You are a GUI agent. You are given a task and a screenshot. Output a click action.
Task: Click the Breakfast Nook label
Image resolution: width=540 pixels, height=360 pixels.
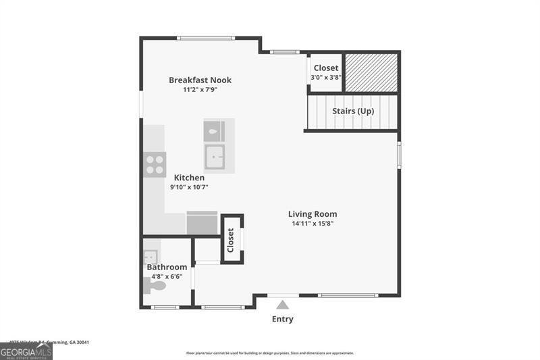(200, 80)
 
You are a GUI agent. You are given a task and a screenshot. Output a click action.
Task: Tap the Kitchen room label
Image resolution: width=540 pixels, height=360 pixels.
(189, 178)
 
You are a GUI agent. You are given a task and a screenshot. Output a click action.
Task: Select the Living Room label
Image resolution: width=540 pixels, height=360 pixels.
(314, 214)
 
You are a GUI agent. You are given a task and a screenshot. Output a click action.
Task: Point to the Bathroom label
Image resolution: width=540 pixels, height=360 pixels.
(167, 267)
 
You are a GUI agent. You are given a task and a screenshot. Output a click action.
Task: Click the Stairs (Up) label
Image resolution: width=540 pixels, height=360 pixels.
(353, 111)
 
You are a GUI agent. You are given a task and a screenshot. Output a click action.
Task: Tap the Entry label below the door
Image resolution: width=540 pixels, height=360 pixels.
(282, 319)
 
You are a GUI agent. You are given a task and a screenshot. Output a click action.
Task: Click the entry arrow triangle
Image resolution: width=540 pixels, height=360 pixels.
(282, 305)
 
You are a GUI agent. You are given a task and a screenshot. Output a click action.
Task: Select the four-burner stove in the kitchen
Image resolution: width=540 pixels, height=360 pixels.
(155, 164)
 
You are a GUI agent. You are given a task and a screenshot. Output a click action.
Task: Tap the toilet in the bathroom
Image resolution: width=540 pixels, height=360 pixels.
(156, 286)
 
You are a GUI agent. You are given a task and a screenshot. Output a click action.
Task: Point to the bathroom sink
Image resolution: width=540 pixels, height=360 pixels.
(151, 257)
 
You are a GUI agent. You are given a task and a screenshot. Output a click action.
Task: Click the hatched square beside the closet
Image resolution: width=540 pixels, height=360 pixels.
(371, 73)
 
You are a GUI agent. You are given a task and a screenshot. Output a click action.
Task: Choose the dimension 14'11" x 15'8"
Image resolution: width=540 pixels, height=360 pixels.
(313, 223)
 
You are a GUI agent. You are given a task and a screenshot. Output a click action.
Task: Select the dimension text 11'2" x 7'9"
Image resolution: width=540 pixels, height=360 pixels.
(200, 89)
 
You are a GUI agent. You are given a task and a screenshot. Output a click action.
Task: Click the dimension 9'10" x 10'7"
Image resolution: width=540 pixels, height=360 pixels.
(189, 187)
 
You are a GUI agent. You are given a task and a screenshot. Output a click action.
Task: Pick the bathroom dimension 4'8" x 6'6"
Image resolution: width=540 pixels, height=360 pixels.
(167, 276)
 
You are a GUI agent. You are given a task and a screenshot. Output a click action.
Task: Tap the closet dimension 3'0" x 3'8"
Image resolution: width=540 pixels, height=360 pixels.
(326, 77)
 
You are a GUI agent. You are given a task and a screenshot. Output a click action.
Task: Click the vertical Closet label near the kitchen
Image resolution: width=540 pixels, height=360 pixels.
(231, 240)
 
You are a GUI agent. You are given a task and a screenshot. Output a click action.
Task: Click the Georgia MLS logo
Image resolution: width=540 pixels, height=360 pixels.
(26, 351)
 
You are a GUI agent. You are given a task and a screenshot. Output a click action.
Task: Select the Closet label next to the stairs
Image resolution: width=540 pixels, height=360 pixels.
(326, 68)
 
